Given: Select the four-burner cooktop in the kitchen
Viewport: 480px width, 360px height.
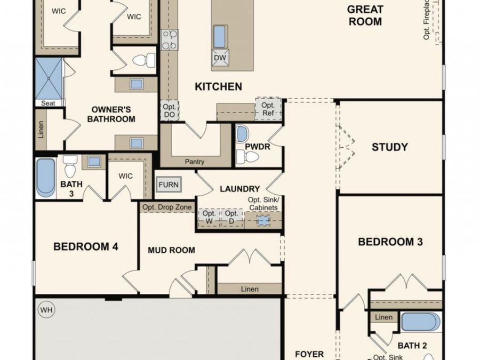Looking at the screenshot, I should (170, 40).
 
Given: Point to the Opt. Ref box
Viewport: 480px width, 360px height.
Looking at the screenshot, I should (268, 109).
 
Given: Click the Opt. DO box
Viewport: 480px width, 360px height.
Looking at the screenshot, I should (169, 111).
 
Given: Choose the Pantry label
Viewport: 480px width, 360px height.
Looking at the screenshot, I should (195, 162).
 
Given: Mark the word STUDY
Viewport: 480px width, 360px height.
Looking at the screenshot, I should (390, 147).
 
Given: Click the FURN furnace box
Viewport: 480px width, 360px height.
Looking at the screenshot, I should (169, 185).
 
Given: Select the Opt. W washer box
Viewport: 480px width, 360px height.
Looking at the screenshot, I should (209, 218).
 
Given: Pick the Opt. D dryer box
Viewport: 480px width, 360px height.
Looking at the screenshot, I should (231, 218).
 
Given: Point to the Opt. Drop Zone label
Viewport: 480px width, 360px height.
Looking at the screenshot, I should (166, 207).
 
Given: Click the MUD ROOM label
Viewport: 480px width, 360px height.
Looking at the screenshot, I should (171, 250).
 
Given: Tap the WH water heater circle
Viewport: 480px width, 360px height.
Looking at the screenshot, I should (46, 309).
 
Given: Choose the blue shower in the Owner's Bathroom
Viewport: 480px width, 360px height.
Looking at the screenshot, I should (48, 78).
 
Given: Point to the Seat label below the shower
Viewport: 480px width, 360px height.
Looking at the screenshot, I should (48, 103).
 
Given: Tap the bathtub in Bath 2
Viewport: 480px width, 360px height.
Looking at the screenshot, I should (421, 322).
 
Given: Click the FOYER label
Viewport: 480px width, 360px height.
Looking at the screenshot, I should (309, 354).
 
